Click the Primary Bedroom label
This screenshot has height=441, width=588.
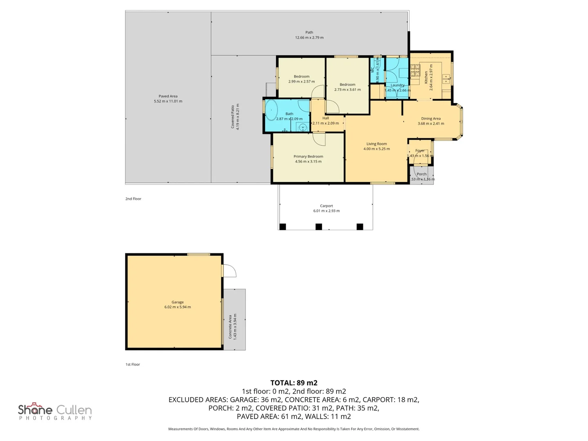[x=308, y=156]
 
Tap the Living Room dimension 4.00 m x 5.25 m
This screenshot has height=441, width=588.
[x=376, y=149]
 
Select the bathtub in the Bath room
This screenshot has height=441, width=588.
[x=272, y=110]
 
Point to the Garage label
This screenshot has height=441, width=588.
[x=178, y=302]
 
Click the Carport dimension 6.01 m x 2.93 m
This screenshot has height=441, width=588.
[x=326, y=211]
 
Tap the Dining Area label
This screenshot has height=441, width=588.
[x=431, y=118]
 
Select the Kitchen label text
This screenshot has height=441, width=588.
[x=426, y=77]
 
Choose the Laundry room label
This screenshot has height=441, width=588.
[x=397, y=85]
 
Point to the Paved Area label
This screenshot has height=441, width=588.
[x=168, y=96]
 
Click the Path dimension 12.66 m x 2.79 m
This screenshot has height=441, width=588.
[x=309, y=38]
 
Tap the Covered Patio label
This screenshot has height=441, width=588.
[x=233, y=117]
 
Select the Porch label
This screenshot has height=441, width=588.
[x=421, y=174]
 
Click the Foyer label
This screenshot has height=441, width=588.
[x=420, y=151]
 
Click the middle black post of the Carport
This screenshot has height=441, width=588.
[x=319, y=227]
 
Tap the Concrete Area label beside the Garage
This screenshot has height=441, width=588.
[x=230, y=327]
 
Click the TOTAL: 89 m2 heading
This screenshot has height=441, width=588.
[x=294, y=383]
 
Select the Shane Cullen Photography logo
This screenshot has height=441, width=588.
[x=55, y=411]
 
